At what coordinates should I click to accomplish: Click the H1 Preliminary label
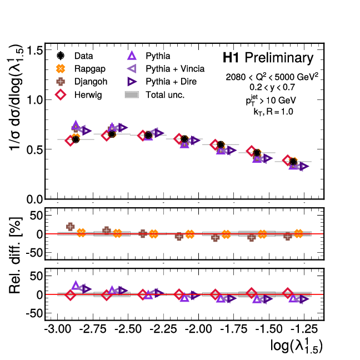(x=268, y=57)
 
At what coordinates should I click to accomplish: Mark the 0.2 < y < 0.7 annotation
(x=272, y=87)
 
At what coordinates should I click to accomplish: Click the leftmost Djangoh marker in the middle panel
(x=70, y=227)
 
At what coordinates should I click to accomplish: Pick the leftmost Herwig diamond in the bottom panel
(x=70, y=295)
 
